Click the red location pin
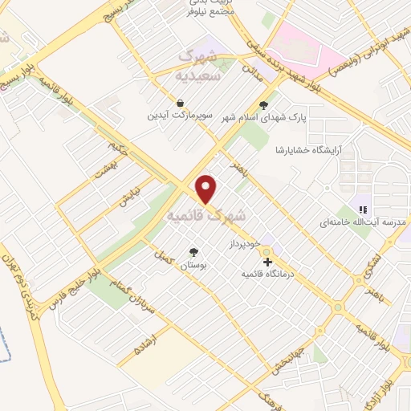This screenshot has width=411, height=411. (x=207, y=189)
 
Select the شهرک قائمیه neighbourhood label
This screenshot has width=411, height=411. (x=205, y=216)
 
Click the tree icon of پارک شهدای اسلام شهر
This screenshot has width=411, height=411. (x=265, y=104)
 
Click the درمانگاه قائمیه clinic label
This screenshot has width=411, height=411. (x=268, y=274)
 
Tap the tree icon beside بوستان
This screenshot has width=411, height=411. (x=193, y=250)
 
